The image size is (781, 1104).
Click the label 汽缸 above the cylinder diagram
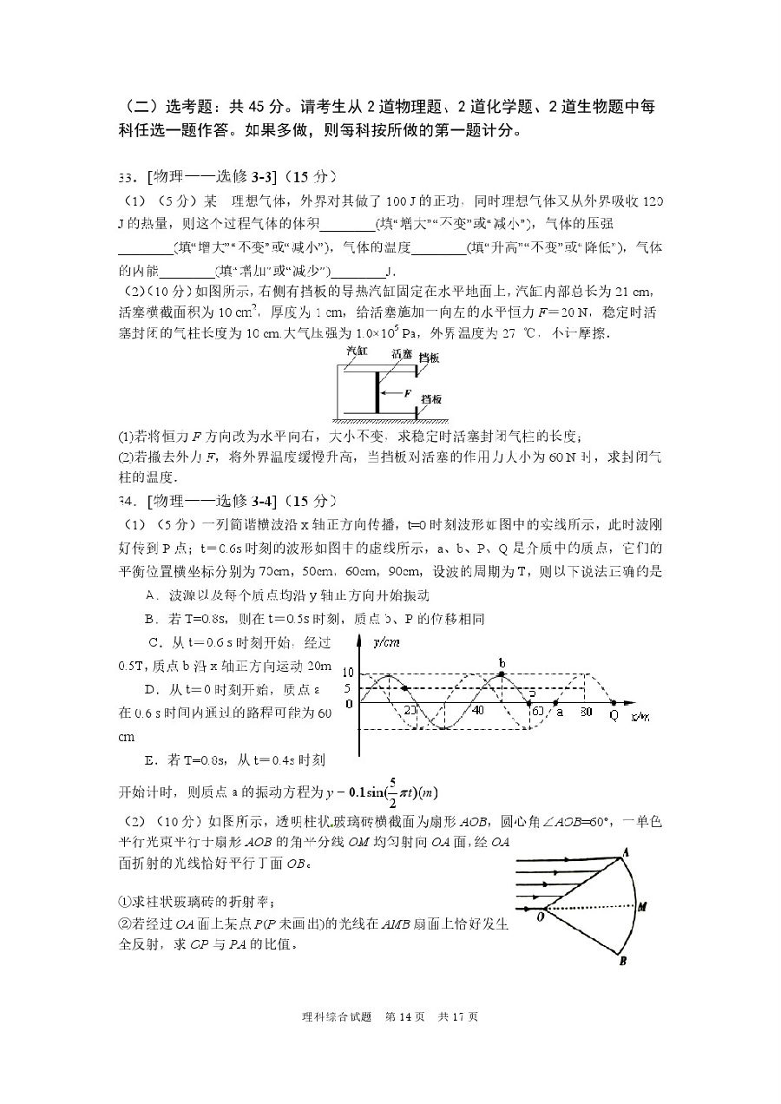(x=357, y=351)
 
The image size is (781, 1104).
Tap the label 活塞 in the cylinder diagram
(x=401, y=353)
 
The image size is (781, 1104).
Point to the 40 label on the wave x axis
(x=476, y=711)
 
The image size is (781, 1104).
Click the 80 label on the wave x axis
(x=586, y=712)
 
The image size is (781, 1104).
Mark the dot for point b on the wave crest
(x=502, y=674)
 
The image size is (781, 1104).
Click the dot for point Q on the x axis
(x=614, y=703)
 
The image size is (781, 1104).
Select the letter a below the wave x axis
(x=560, y=712)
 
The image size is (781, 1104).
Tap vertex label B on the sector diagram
(x=623, y=960)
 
